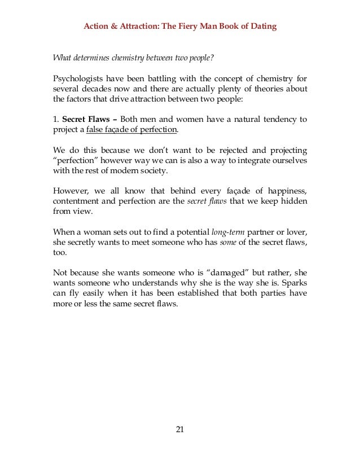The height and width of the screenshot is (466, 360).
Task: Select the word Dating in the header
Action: (x=263, y=27)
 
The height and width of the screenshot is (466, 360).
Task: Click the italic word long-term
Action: (x=227, y=232)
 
